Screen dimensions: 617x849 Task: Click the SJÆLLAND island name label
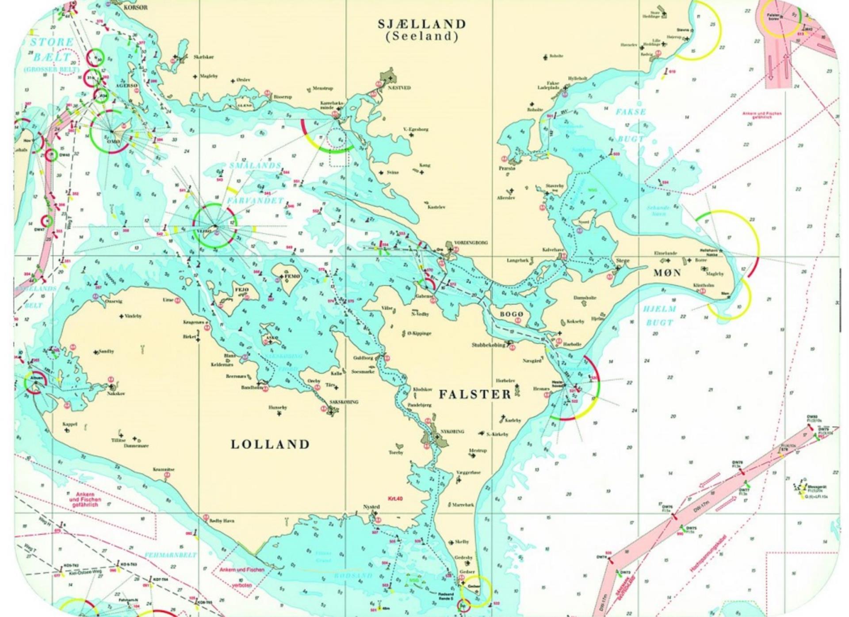click(422, 24)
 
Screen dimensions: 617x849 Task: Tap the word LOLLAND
click(270, 444)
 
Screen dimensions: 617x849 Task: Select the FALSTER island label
click(475, 394)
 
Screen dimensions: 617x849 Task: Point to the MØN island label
click(667, 273)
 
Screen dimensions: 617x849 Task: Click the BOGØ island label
click(512, 314)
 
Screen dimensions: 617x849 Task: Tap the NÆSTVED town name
click(399, 88)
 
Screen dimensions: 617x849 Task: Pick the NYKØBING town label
click(452, 431)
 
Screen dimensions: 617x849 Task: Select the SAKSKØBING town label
click(344, 402)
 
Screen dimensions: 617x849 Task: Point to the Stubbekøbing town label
click(489, 345)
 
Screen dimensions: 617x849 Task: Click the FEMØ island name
click(292, 276)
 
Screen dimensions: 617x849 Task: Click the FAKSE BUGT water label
click(631, 125)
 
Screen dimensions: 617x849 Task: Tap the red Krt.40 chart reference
click(395, 499)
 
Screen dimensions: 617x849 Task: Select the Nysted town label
click(371, 507)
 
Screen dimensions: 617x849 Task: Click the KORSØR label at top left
click(136, 8)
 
